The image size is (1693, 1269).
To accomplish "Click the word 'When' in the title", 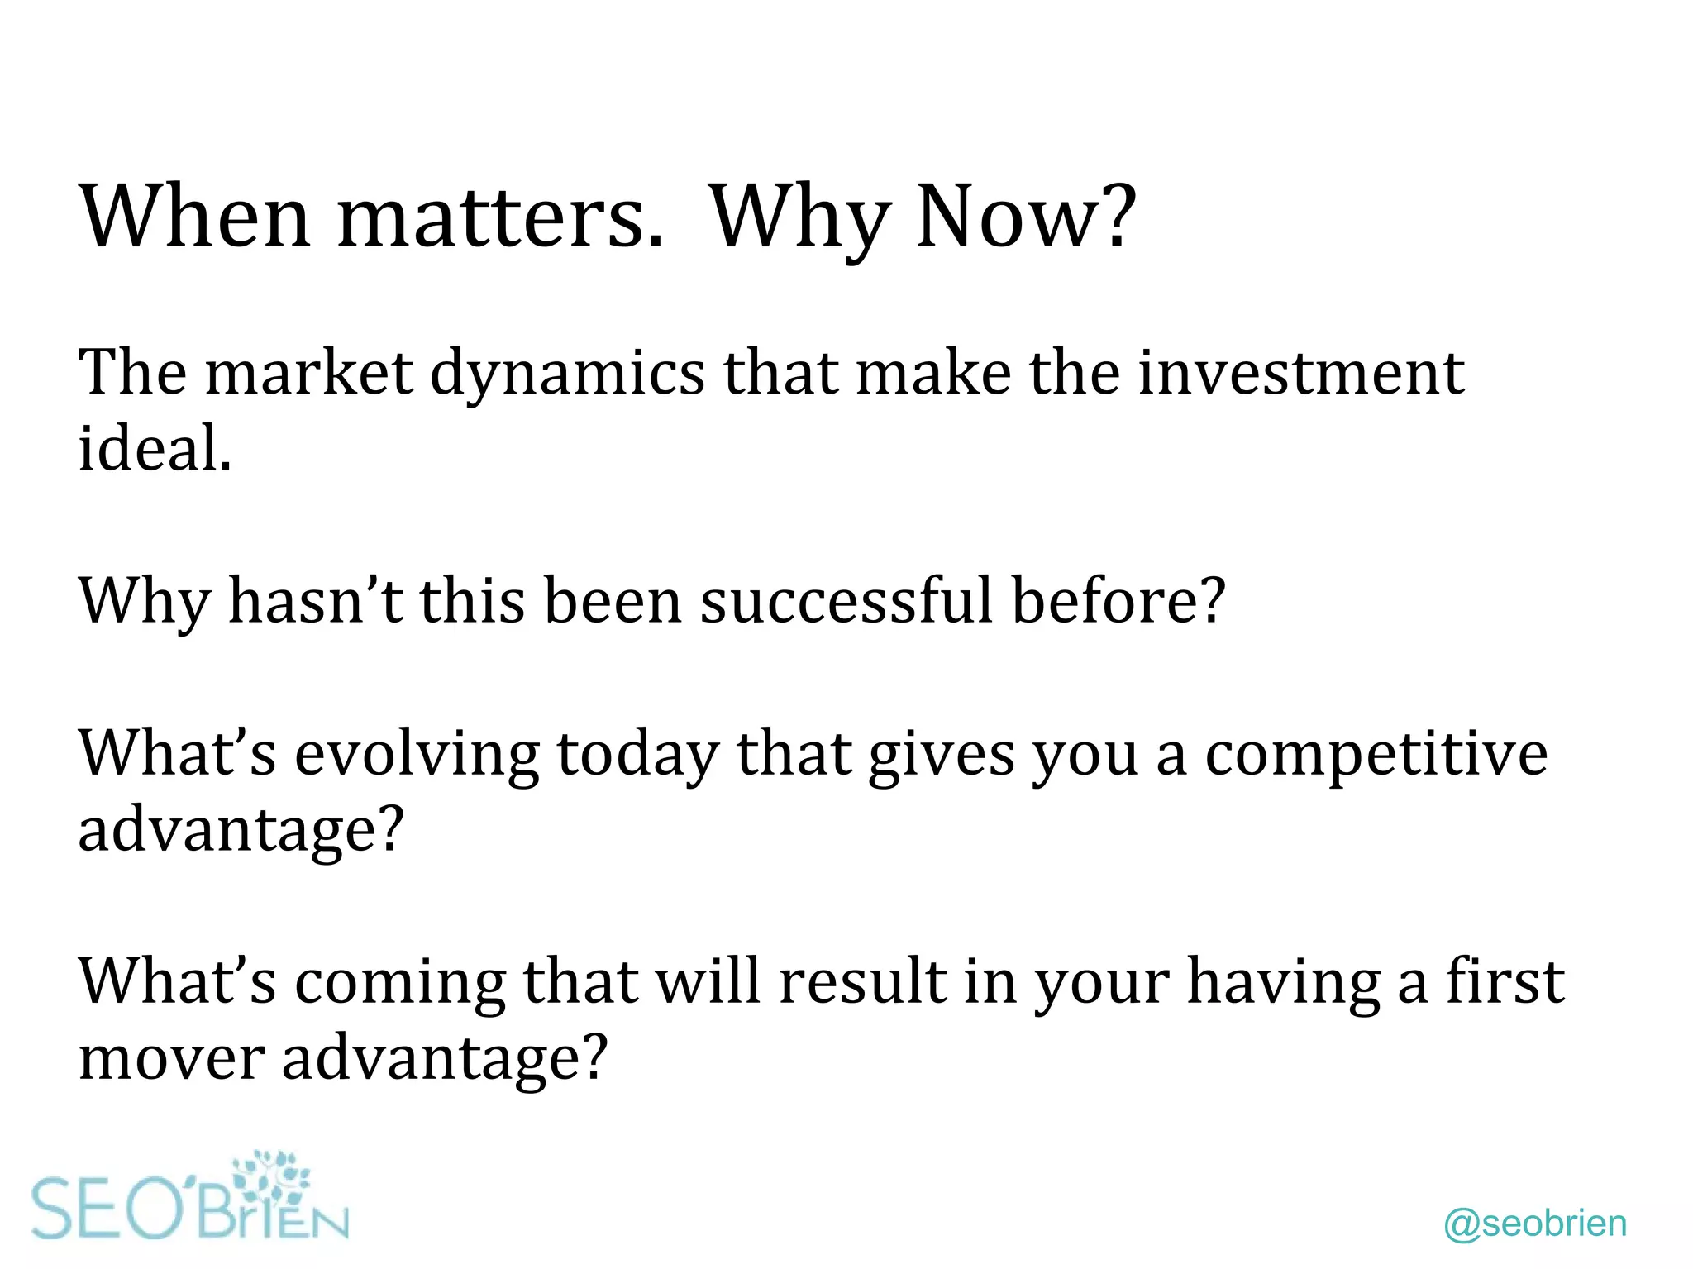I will click(x=194, y=217).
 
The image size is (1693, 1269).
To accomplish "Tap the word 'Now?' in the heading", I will click(x=1026, y=217).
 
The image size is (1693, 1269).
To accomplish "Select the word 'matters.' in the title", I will click(x=500, y=217).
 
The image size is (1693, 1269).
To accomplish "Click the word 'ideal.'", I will click(x=155, y=449).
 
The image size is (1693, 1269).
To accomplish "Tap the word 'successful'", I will click(x=846, y=601).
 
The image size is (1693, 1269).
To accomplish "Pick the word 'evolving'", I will click(x=417, y=755).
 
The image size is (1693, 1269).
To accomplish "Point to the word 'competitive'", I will click(x=1376, y=753).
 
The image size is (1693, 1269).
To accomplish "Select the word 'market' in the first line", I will click(x=308, y=374).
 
